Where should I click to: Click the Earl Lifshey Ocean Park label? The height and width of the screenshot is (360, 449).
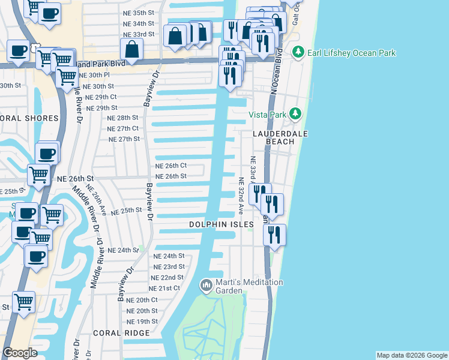351,53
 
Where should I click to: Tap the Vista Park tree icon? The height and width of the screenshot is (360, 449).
295,113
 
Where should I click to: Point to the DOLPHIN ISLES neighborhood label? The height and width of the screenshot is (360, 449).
221,224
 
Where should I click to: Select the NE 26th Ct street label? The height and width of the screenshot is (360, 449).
171,166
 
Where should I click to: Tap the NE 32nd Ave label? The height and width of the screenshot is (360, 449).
241,196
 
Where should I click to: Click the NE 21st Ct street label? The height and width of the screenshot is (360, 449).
164,289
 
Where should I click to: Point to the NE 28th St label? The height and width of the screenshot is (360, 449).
122,118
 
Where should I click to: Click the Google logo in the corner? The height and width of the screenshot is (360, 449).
20,353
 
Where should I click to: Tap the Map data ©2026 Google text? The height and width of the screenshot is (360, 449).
412,355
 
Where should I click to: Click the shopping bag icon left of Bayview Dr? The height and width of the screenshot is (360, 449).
131,50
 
